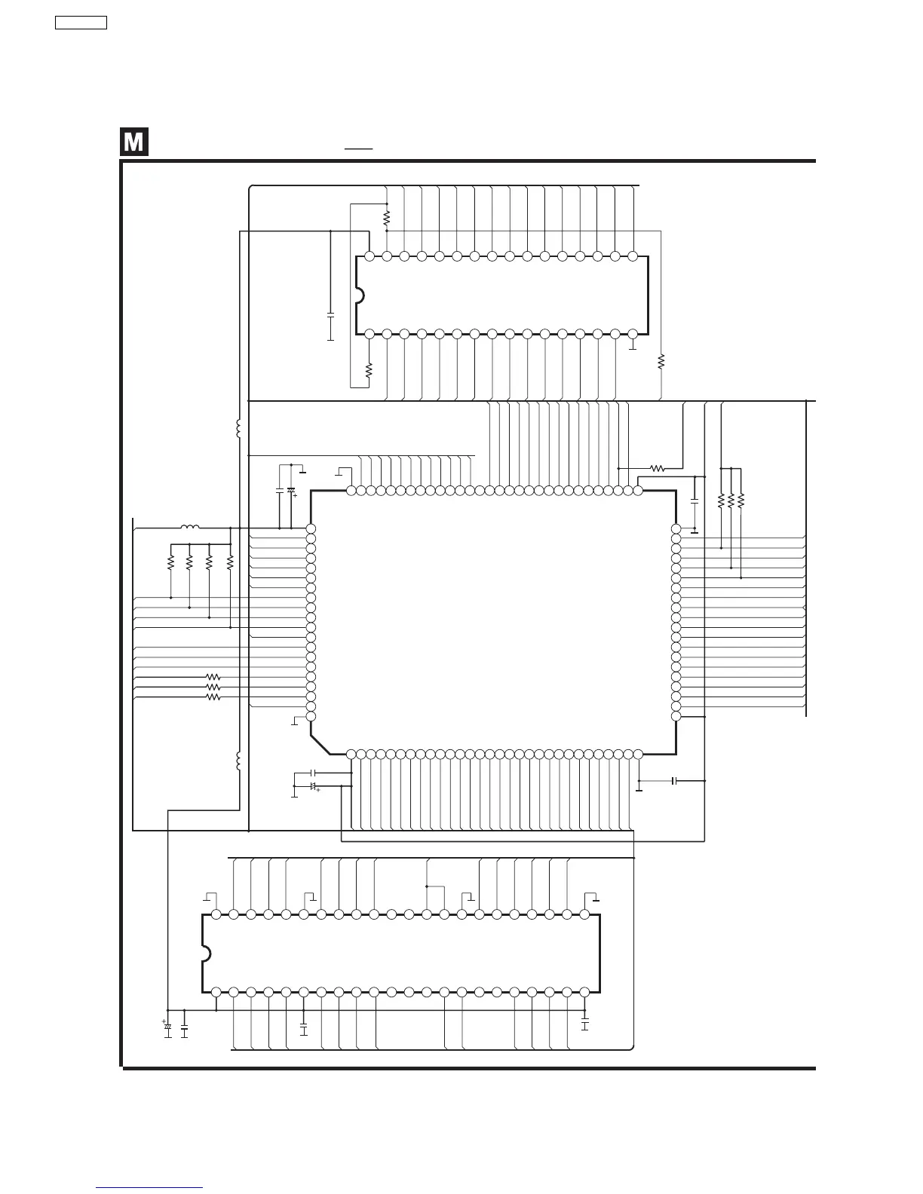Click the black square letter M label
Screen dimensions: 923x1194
[133, 142]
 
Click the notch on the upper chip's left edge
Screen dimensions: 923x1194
[359, 295]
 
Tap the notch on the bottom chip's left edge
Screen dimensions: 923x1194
[206, 953]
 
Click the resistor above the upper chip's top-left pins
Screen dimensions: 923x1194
[386, 218]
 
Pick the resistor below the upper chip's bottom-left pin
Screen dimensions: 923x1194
[369, 370]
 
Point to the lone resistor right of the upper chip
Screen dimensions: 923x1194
[661, 362]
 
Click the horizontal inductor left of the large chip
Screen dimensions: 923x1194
[190, 528]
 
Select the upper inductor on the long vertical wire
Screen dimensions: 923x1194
[239, 429]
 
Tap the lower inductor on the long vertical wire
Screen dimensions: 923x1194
[239, 761]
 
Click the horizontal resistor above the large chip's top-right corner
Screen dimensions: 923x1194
[657, 468]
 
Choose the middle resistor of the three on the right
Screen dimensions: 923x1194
[731, 500]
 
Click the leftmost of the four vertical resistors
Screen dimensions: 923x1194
[171, 562]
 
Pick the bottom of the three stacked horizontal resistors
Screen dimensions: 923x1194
[213, 697]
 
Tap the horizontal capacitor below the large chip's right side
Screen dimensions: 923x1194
[675, 781]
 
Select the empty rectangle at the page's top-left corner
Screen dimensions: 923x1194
[81, 23]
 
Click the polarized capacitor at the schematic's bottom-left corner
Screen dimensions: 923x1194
[167, 1027]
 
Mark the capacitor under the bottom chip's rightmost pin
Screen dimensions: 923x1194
[584, 1024]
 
